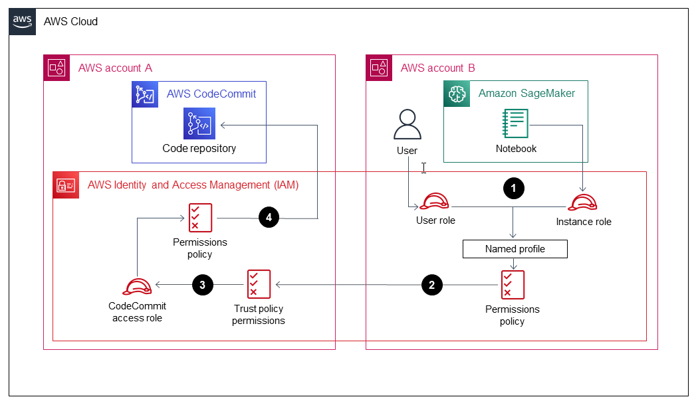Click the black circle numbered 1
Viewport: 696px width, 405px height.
point(513,189)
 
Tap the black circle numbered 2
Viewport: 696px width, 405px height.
point(432,285)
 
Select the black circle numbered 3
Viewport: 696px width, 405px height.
point(203,285)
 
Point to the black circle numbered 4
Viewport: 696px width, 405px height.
point(269,217)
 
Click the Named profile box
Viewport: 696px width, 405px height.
point(515,249)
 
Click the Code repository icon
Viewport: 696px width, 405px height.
point(199,123)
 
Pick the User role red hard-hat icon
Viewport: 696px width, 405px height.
point(435,202)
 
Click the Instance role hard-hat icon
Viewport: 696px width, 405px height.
point(583,202)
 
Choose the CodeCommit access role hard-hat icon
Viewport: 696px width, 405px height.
point(138,285)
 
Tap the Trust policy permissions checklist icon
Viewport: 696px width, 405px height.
point(259,284)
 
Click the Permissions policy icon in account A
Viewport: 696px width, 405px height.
point(200,218)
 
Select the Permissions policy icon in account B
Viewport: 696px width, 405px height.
point(513,285)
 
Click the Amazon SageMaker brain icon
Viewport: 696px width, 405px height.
point(457,94)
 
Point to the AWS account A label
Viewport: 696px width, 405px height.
point(115,68)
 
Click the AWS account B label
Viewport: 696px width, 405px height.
point(437,68)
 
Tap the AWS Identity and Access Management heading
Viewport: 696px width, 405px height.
point(193,185)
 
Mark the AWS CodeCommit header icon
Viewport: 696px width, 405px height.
point(144,94)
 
